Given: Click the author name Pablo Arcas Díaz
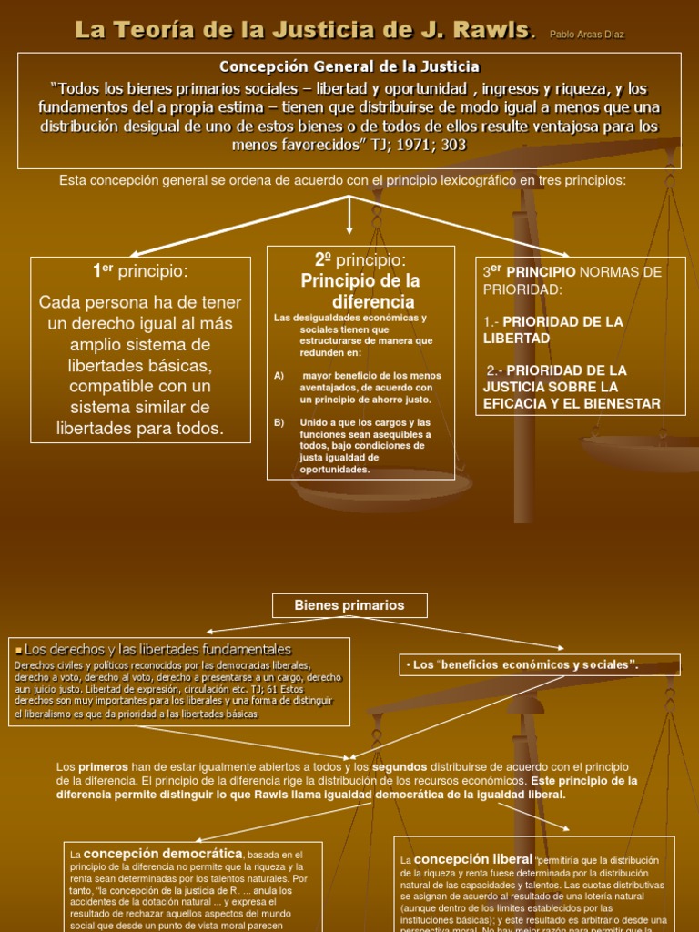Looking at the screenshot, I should (x=587, y=35).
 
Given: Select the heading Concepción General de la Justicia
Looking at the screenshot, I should (x=349, y=66).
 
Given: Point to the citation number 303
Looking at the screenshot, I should (x=454, y=146).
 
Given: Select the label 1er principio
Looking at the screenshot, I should (x=140, y=271).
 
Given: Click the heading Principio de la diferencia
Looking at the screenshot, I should (x=360, y=290).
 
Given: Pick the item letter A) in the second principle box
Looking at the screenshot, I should (x=279, y=376).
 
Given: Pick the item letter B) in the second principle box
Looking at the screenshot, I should (x=279, y=422).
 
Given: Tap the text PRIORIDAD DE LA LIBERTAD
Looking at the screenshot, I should (x=553, y=329).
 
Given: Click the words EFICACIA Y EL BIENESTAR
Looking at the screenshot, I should (x=572, y=403).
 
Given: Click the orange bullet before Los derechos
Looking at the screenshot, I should (x=18, y=650).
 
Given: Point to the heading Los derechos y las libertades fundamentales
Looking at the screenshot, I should (x=157, y=649).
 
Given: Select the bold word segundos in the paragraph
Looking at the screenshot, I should (x=400, y=767).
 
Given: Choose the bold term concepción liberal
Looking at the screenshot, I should (x=472, y=859).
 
